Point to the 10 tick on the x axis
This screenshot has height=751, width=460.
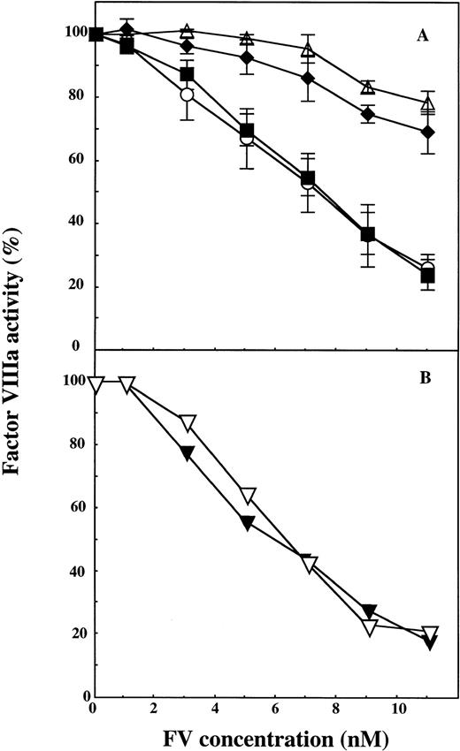(400, 709)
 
